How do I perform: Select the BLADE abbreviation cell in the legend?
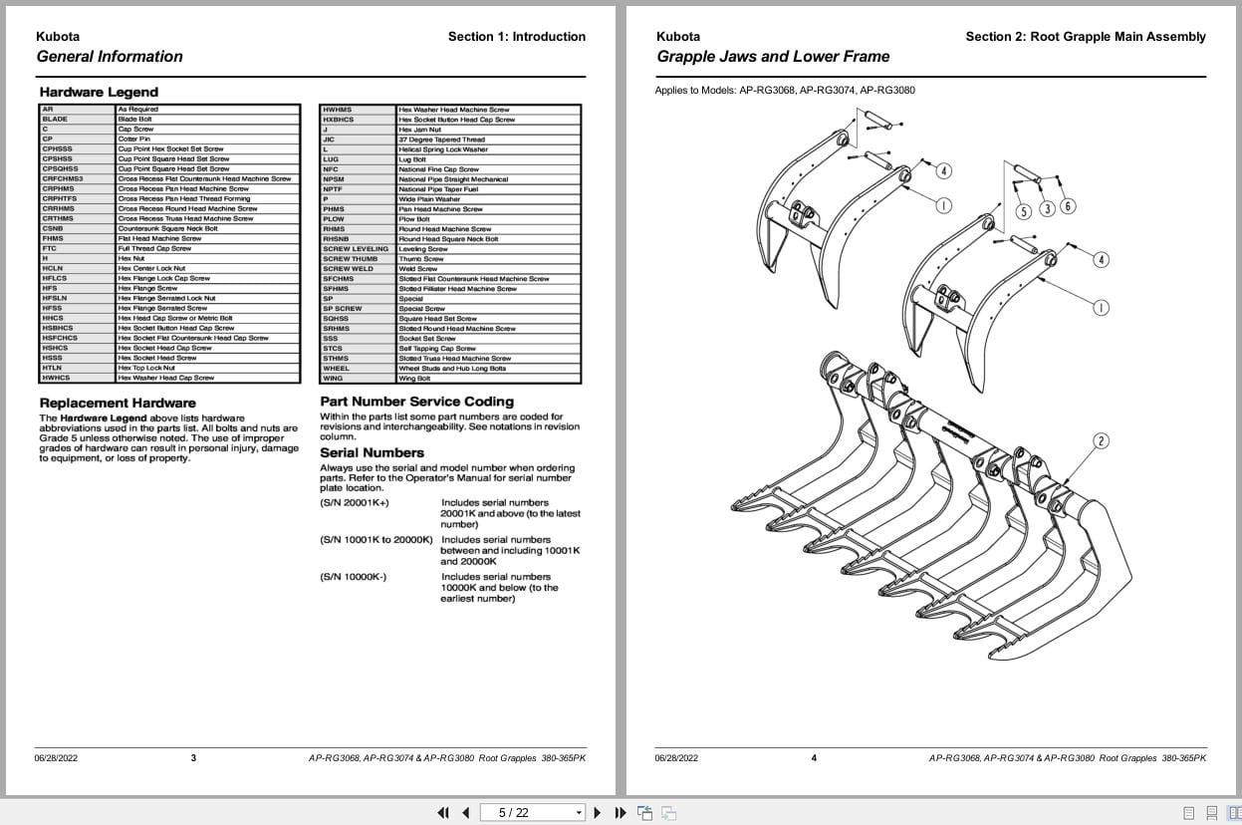[x=56, y=119]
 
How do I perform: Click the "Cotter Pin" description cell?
[x=134, y=138]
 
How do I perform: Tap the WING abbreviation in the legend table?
[x=333, y=378]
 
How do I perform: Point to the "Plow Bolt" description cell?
[x=415, y=218]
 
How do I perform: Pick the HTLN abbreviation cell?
[x=53, y=368]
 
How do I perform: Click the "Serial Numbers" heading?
[x=372, y=452]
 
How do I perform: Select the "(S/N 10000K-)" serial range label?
[x=354, y=577]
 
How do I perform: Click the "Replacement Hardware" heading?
[x=118, y=403]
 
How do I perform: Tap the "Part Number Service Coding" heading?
[x=416, y=402]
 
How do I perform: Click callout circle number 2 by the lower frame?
[x=1101, y=441]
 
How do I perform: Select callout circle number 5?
[x=1023, y=211]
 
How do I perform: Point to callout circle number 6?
[x=1068, y=206]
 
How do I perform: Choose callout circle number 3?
[x=1047, y=208]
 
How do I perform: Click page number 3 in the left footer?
[x=193, y=758]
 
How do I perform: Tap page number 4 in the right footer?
[x=814, y=758]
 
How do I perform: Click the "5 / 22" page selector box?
[x=533, y=812]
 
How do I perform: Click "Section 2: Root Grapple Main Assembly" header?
[x=1085, y=37]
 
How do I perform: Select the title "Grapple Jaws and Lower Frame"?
[x=773, y=57]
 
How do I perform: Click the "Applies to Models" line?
[x=785, y=91]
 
